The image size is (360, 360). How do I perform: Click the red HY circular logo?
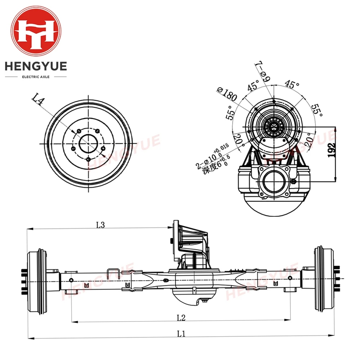click(x=36, y=31)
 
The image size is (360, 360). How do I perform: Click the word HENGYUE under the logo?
click(x=36, y=66)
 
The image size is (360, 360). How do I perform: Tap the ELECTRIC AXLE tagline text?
click(x=36, y=77)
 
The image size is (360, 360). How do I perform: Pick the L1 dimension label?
click(x=181, y=333)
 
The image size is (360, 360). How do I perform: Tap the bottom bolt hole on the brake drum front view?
click(x=88, y=159)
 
